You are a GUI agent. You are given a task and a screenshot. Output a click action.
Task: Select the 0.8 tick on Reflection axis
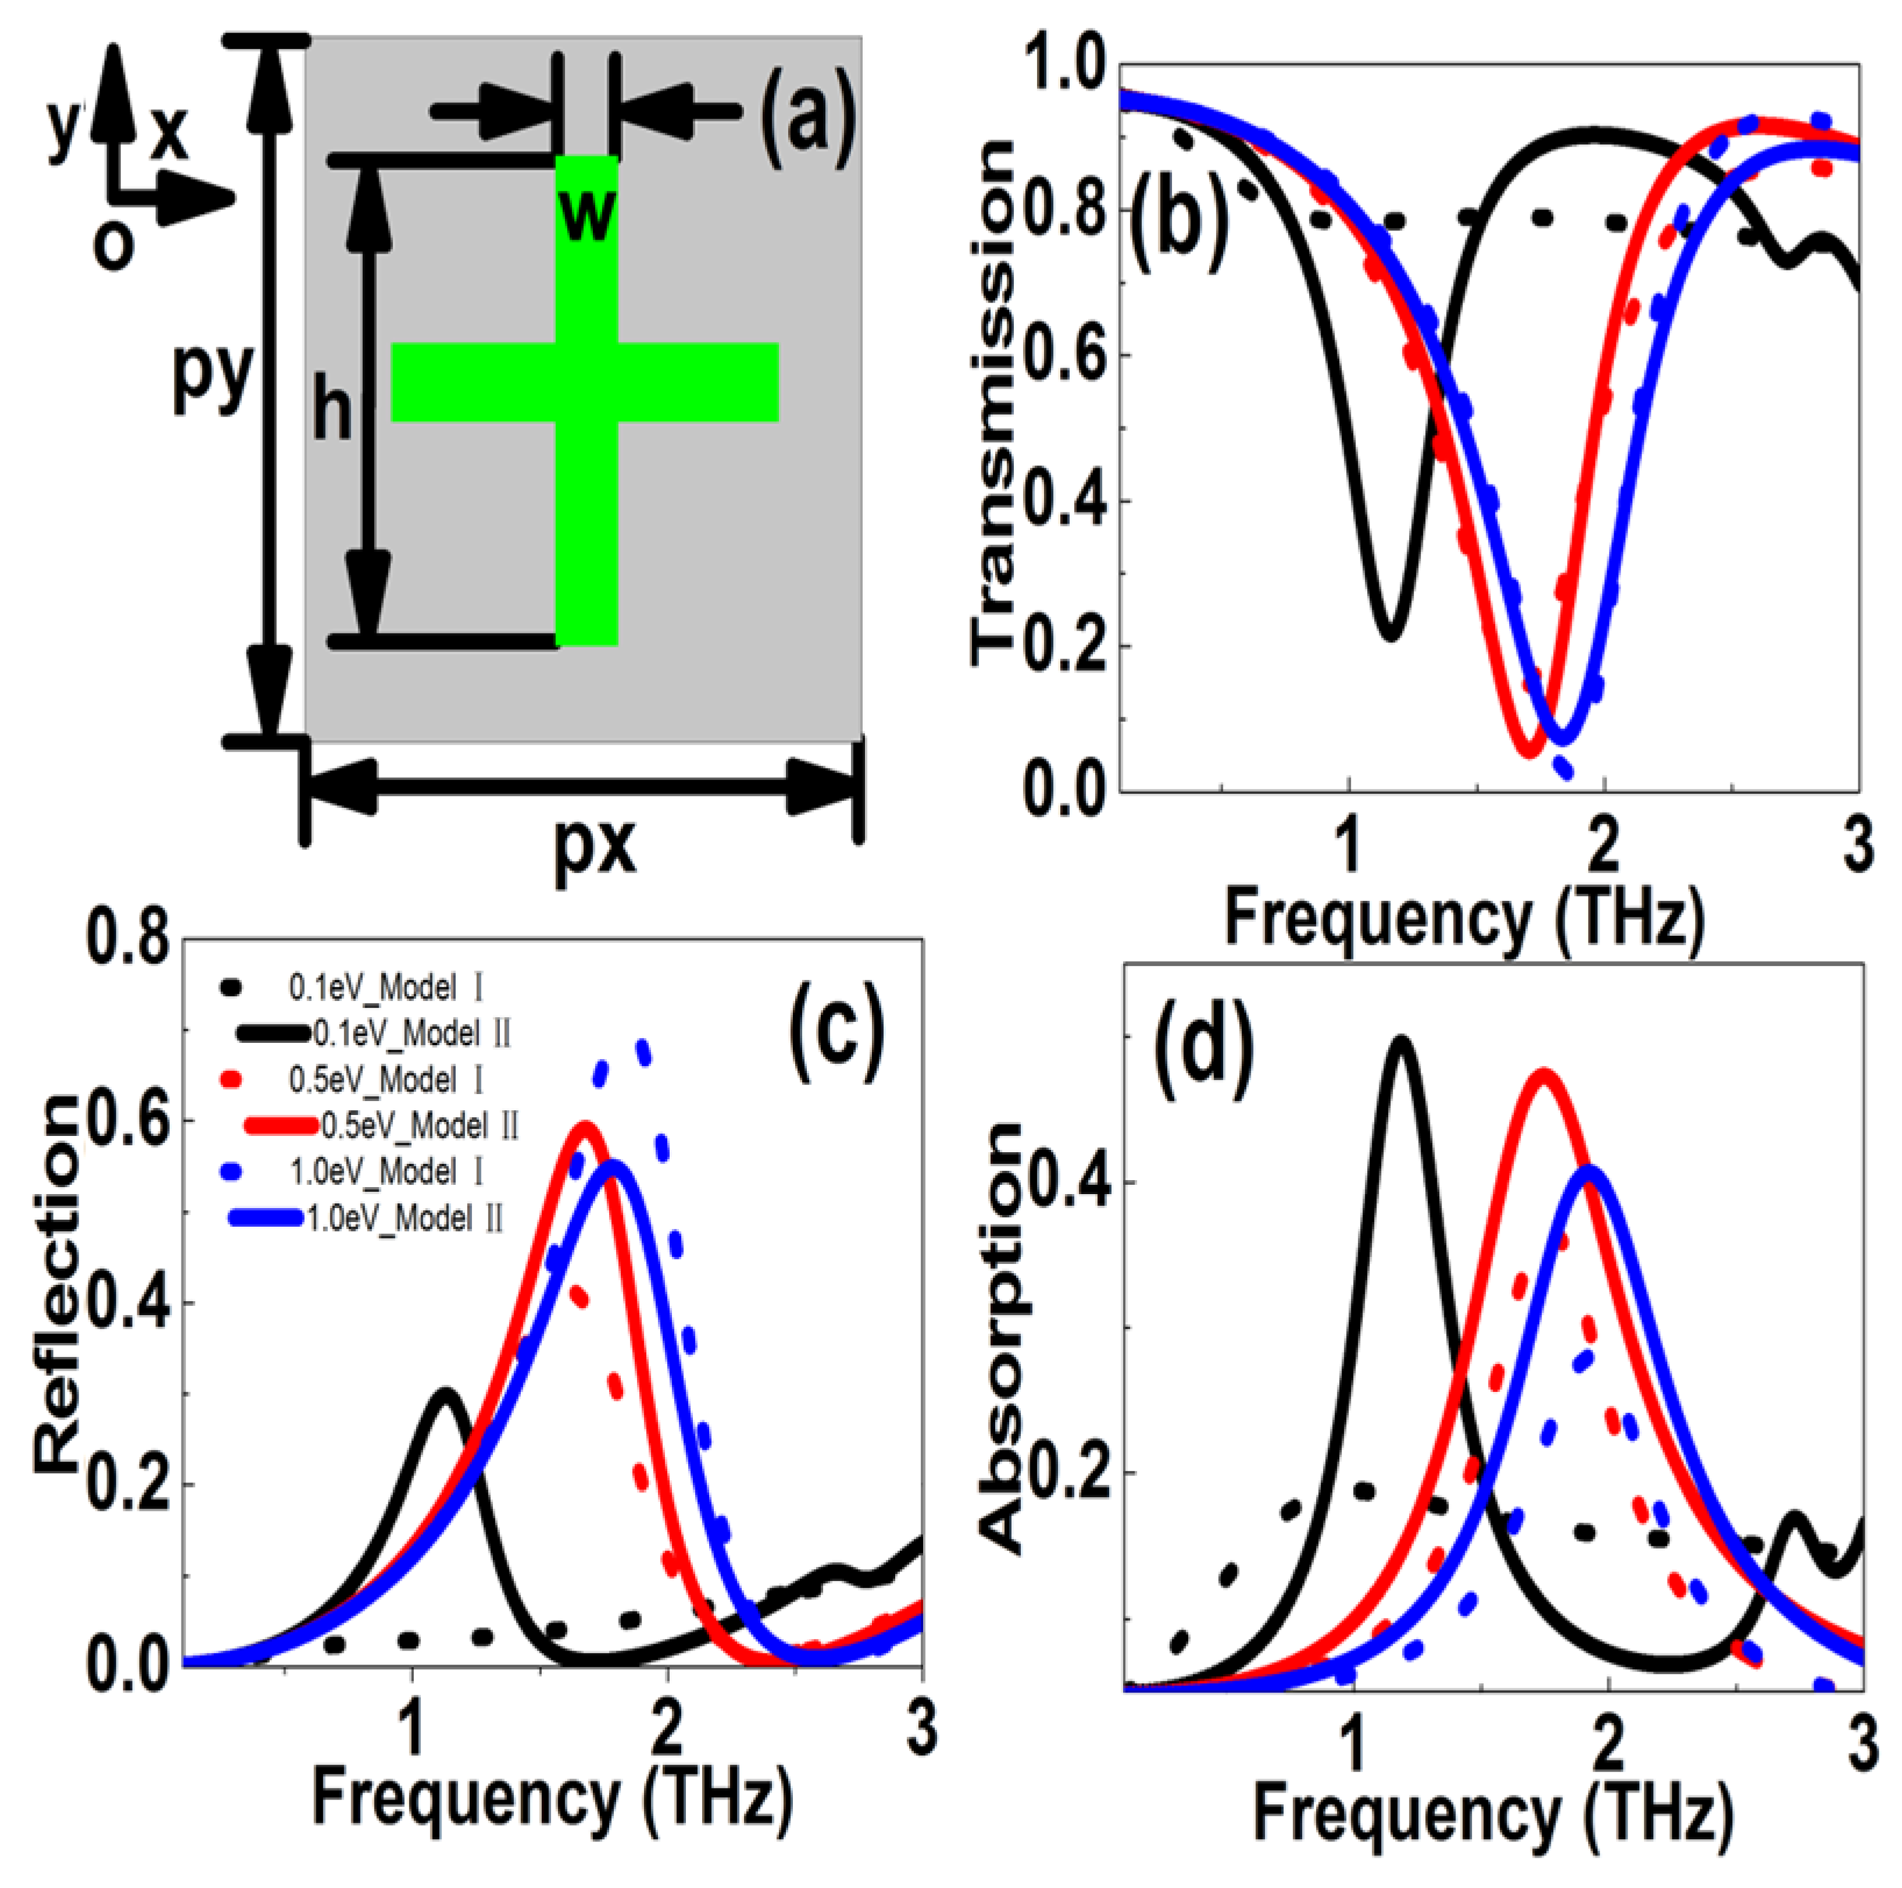128,938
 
